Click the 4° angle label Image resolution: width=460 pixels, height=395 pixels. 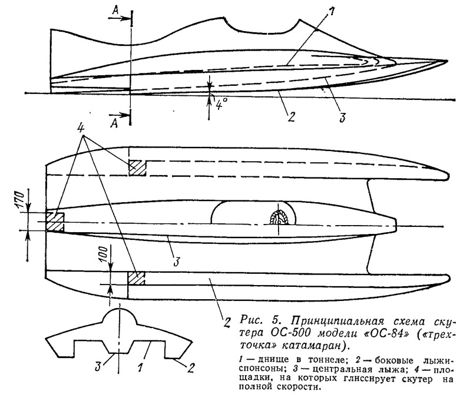point(221,103)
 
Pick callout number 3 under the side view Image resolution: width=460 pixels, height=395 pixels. point(342,117)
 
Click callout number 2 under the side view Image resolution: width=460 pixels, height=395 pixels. point(291,117)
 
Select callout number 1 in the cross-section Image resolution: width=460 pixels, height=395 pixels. point(140,367)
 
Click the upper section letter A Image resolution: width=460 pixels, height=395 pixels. point(116,10)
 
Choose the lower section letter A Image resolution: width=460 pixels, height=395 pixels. point(114,123)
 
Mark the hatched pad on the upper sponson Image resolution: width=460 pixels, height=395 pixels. point(138,168)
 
